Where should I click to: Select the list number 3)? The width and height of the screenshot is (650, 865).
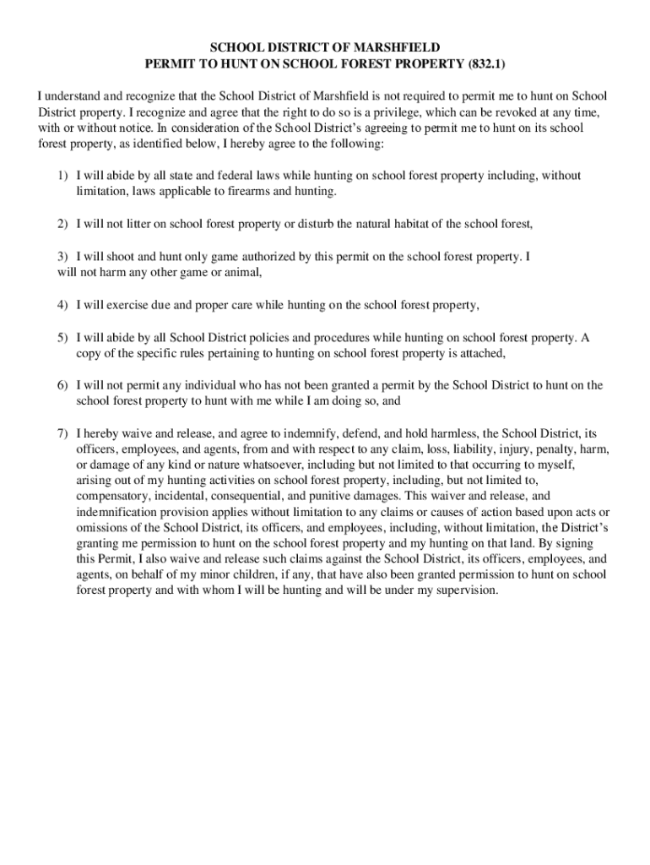[62, 256]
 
